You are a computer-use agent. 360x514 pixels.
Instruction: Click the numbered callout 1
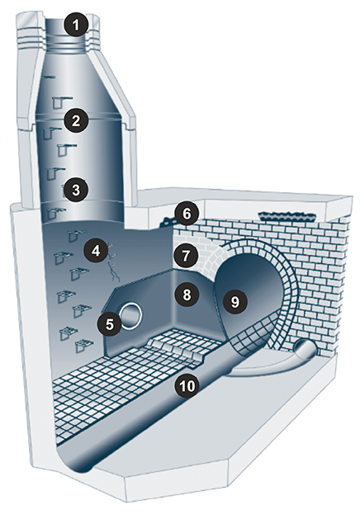[77, 25]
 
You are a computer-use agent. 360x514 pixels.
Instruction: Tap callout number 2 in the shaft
[76, 120]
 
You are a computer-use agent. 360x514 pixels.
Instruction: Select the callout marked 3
[76, 190]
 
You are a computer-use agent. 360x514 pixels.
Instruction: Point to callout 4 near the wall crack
[96, 252]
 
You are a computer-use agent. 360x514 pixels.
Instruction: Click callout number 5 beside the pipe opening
[109, 324]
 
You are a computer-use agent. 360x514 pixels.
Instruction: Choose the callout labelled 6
[187, 214]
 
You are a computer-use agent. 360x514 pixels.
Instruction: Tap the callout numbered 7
[186, 256]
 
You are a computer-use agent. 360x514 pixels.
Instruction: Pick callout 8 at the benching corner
[187, 295]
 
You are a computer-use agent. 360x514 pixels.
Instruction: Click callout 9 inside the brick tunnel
[235, 302]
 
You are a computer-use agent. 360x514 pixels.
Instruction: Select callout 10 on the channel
[187, 386]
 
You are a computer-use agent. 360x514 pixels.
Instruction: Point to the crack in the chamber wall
[112, 262]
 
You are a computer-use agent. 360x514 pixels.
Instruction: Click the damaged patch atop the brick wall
[287, 216]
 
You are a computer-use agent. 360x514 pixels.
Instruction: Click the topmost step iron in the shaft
[50, 78]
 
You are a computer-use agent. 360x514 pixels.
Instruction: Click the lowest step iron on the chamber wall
[85, 346]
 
